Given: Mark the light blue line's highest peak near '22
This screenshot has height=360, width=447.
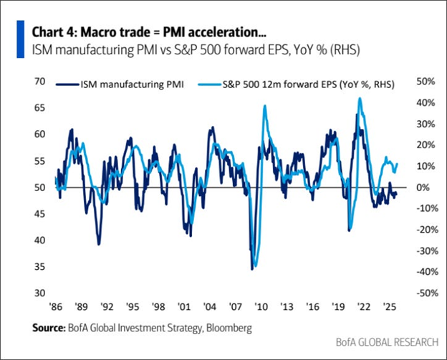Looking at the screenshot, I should point(360,98).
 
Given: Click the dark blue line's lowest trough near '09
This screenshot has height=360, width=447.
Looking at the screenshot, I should point(252,269).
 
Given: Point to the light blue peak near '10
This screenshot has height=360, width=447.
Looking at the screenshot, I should point(265,106).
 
